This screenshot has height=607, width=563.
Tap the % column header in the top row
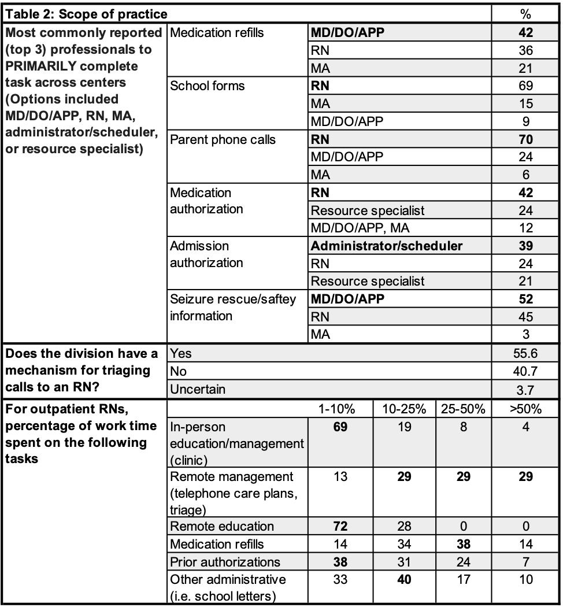[x=525, y=13]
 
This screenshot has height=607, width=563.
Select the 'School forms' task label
[x=207, y=86]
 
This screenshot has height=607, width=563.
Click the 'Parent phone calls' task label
[x=223, y=140]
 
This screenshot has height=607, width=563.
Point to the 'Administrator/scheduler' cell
[x=387, y=246]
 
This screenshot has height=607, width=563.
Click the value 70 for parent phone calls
[x=525, y=140]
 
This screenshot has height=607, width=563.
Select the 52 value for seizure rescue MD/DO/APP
[x=525, y=299]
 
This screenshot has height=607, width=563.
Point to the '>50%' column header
[x=525, y=409]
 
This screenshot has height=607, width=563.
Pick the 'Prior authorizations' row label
[x=225, y=562]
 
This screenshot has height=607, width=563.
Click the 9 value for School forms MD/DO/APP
[x=525, y=121]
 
